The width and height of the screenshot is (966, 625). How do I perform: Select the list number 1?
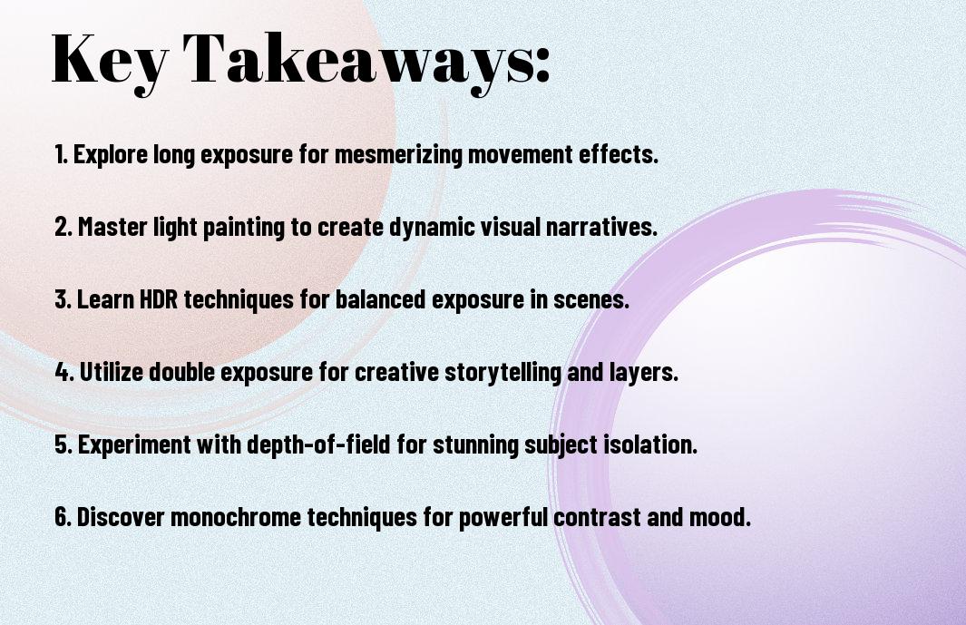[61, 154]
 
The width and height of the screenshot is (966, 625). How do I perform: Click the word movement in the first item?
[520, 154]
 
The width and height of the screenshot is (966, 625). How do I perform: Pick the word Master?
[112, 227]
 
